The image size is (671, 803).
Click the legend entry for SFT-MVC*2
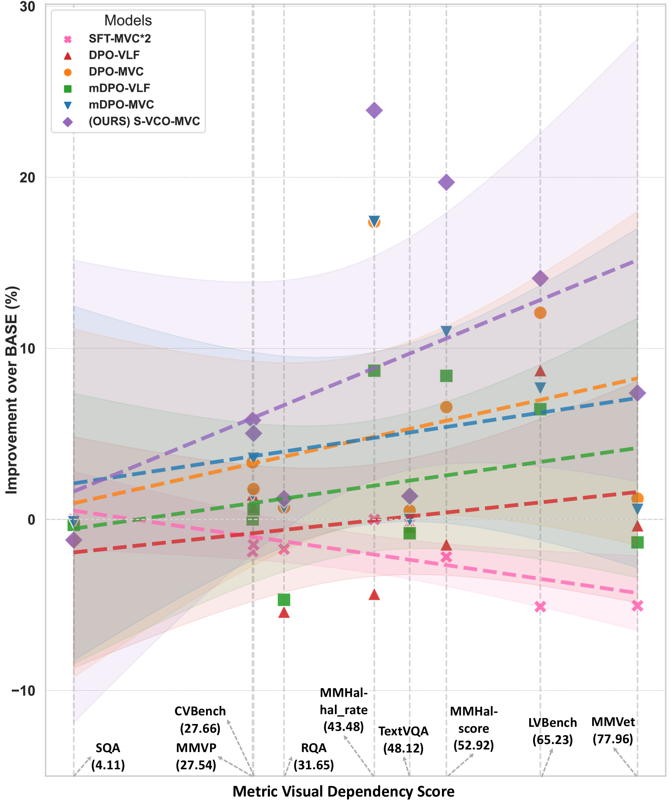click(120, 39)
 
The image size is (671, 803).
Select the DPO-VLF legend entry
click(114, 55)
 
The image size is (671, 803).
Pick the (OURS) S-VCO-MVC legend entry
click(144, 121)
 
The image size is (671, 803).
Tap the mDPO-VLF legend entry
click(119, 88)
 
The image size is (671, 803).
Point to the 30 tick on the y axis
click(27, 6)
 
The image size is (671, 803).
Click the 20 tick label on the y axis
click(27, 177)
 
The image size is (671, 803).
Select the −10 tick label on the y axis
click(23, 690)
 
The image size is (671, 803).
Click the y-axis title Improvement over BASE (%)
click(12, 390)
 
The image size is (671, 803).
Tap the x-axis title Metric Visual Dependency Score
click(343, 791)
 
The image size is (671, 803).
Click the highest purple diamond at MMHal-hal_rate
click(374, 110)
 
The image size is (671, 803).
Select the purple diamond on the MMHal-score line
click(446, 183)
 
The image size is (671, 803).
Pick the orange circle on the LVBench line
click(540, 313)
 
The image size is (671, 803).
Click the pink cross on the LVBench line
click(540, 607)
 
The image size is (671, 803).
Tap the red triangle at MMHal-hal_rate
click(374, 595)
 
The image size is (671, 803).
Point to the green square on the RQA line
click(284, 600)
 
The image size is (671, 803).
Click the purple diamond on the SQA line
click(74, 540)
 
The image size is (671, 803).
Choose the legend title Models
click(128, 21)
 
